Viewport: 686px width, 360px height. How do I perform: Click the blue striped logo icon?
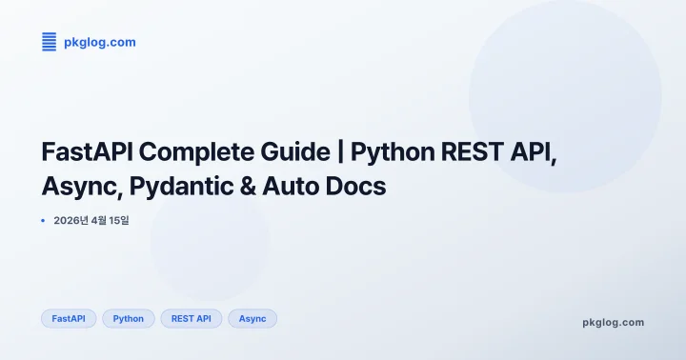coord(50,42)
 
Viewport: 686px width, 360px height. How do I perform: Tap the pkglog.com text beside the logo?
coord(100,42)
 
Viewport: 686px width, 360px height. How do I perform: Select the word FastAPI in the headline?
coord(88,152)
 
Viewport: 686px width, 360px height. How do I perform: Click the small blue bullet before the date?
coord(43,221)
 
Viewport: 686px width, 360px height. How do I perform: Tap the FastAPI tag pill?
coord(69,319)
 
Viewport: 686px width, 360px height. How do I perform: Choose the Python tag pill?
coord(128,319)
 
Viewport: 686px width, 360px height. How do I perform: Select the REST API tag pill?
coord(191,319)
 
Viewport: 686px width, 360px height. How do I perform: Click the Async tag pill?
coord(252,319)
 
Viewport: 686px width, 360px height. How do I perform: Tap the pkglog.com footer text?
coord(613,323)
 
